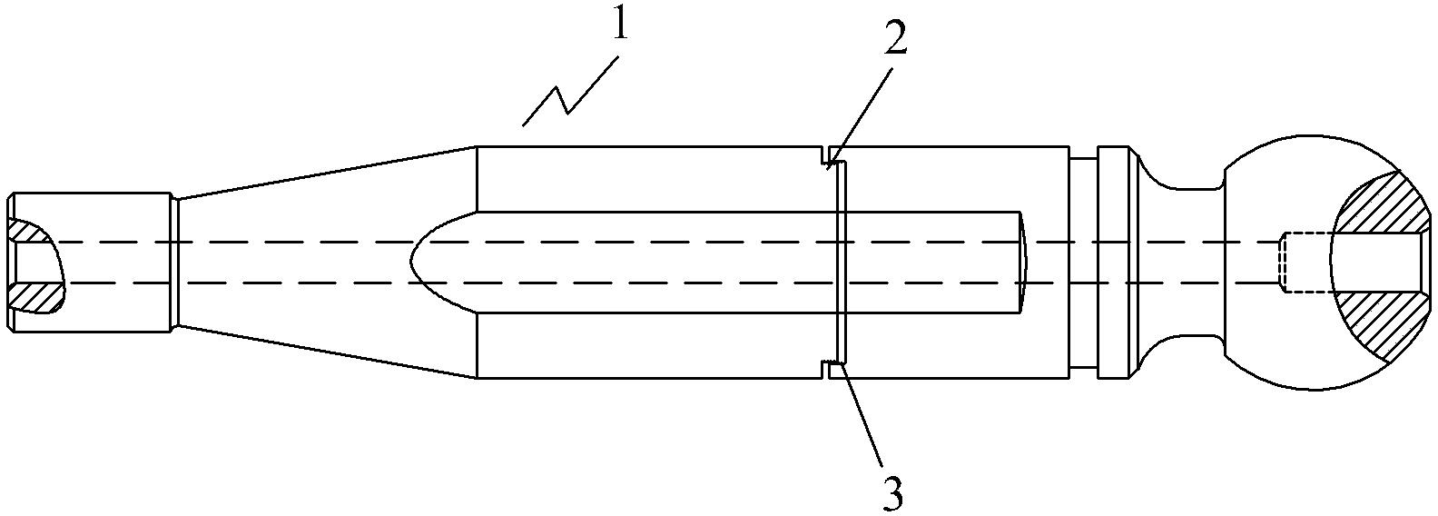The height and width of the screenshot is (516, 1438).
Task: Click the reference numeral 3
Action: pos(893,492)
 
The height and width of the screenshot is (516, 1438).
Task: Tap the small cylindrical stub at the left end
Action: pos(91,262)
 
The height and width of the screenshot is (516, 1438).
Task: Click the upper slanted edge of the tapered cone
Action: pos(327,172)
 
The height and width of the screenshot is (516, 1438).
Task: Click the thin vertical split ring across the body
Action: pos(841,263)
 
